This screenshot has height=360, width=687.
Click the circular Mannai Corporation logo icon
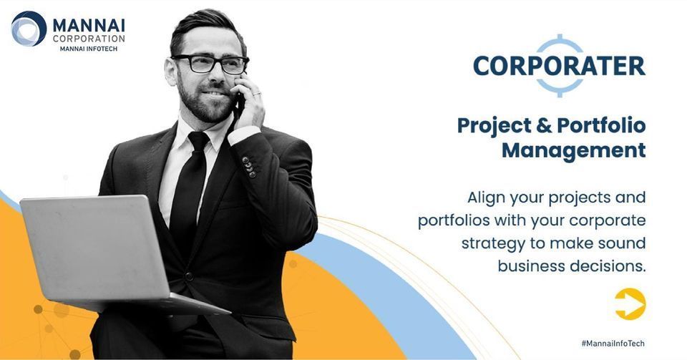29,29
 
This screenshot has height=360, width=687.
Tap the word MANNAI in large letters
89,25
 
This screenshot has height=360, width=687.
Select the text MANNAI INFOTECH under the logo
89,49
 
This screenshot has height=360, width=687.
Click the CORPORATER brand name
559,66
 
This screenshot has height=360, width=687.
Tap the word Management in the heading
573,151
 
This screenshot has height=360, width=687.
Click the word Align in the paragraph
486,198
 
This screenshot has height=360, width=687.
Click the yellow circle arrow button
630,304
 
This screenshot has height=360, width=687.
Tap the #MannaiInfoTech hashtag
613,344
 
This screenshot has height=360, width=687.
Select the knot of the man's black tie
198,141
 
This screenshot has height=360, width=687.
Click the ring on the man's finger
257,93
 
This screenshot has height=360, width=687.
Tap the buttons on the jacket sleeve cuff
249,167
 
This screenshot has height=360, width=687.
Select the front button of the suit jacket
189,276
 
